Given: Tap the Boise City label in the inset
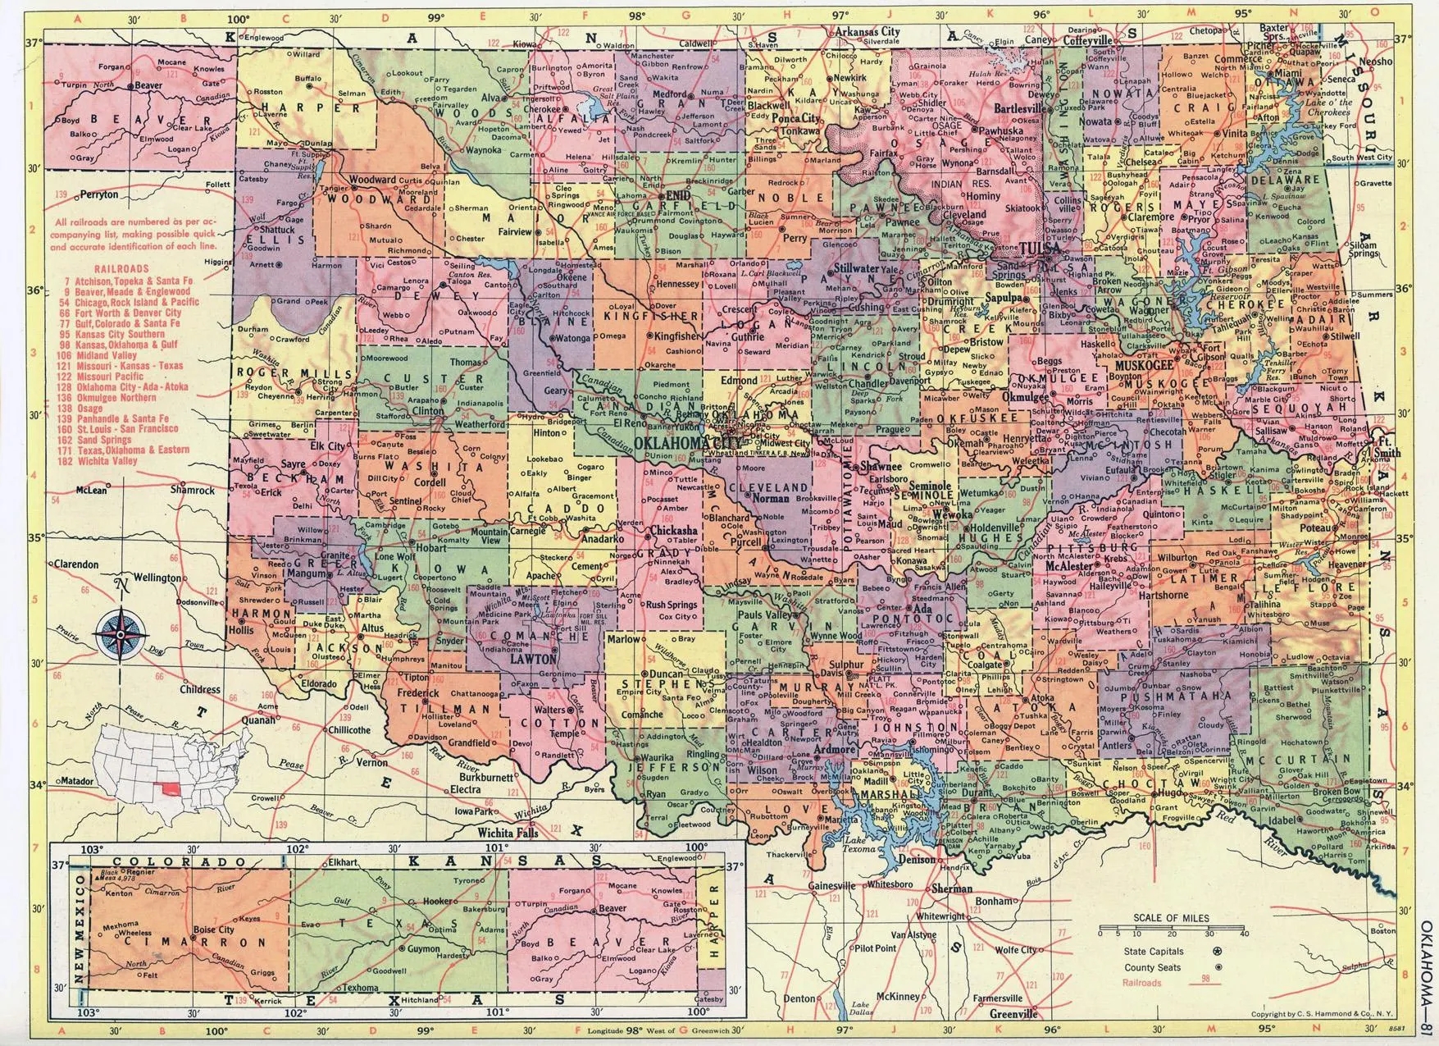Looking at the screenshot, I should click(215, 930).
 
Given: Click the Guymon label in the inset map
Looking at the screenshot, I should click(425, 949).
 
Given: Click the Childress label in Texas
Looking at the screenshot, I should click(200, 690).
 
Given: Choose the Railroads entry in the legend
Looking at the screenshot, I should click(1142, 982).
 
